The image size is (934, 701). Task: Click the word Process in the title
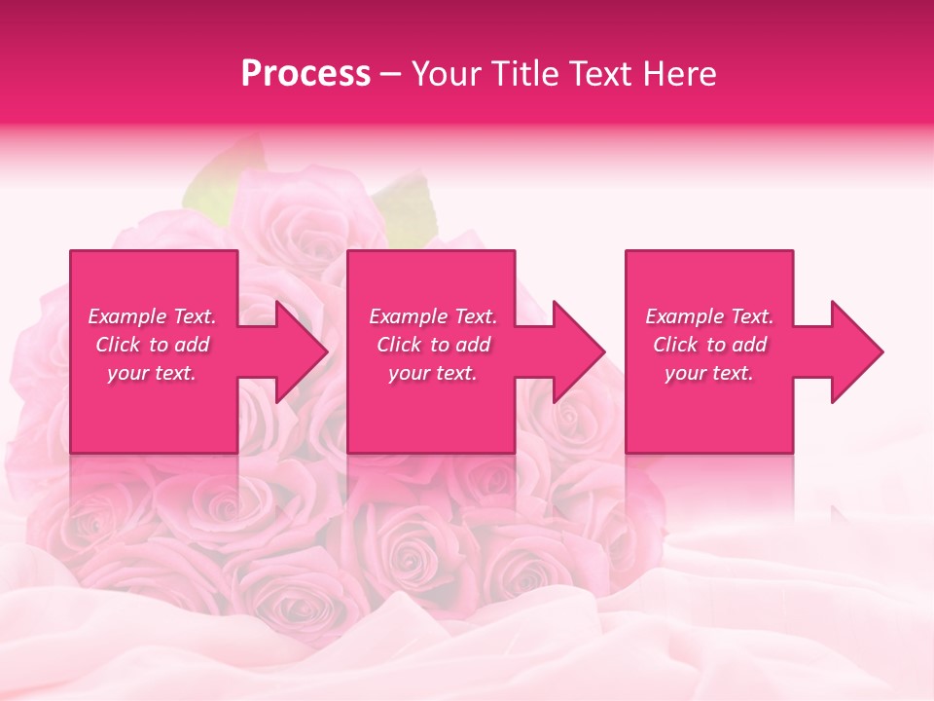coord(305,74)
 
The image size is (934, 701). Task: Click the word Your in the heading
coord(447,74)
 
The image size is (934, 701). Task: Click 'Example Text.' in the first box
coord(153,316)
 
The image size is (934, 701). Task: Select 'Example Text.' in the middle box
coord(433,316)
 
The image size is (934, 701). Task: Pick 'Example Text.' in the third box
coord(709,316)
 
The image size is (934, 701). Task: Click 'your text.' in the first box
coord(152,373)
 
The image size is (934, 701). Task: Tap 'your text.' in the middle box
coord(433,373)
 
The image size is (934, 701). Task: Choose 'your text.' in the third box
coord(709,373)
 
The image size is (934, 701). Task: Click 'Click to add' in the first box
coord(153,345)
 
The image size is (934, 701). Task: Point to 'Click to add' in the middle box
coord(433,345)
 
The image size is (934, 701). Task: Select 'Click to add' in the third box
coord(709,345)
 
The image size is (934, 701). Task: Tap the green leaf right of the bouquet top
coord(409,204)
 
